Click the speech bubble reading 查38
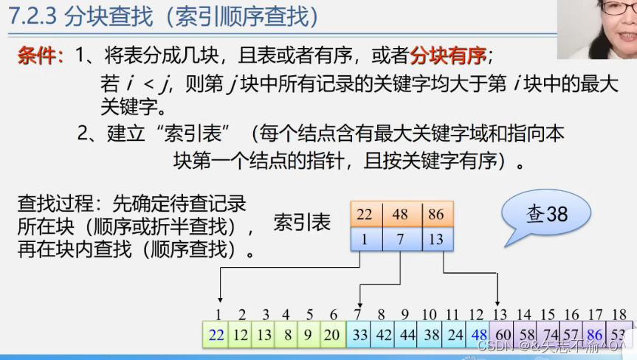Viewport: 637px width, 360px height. click(x=547, y=214)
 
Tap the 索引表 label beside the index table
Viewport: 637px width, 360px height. click(x=303, y=222)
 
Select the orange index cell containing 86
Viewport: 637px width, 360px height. click(x=435, y=215)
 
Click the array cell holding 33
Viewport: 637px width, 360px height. click(x=359, y=334)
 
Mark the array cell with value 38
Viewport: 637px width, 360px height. click(x=430, y=334)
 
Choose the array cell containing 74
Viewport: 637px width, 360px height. click(x=548, y=334)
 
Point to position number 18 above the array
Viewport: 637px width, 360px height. click(x=619, y=315)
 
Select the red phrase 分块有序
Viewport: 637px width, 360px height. click(x=448, y=55)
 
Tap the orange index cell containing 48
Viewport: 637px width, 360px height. click(x=399, y=215)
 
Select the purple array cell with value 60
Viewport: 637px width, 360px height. click(x=501, y=334)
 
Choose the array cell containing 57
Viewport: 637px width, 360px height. click(x=572, y=334)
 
